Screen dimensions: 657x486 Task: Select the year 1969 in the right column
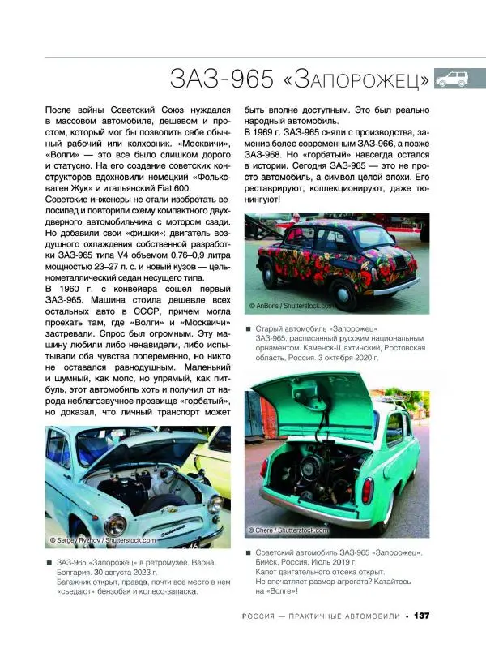coord(271,131)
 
